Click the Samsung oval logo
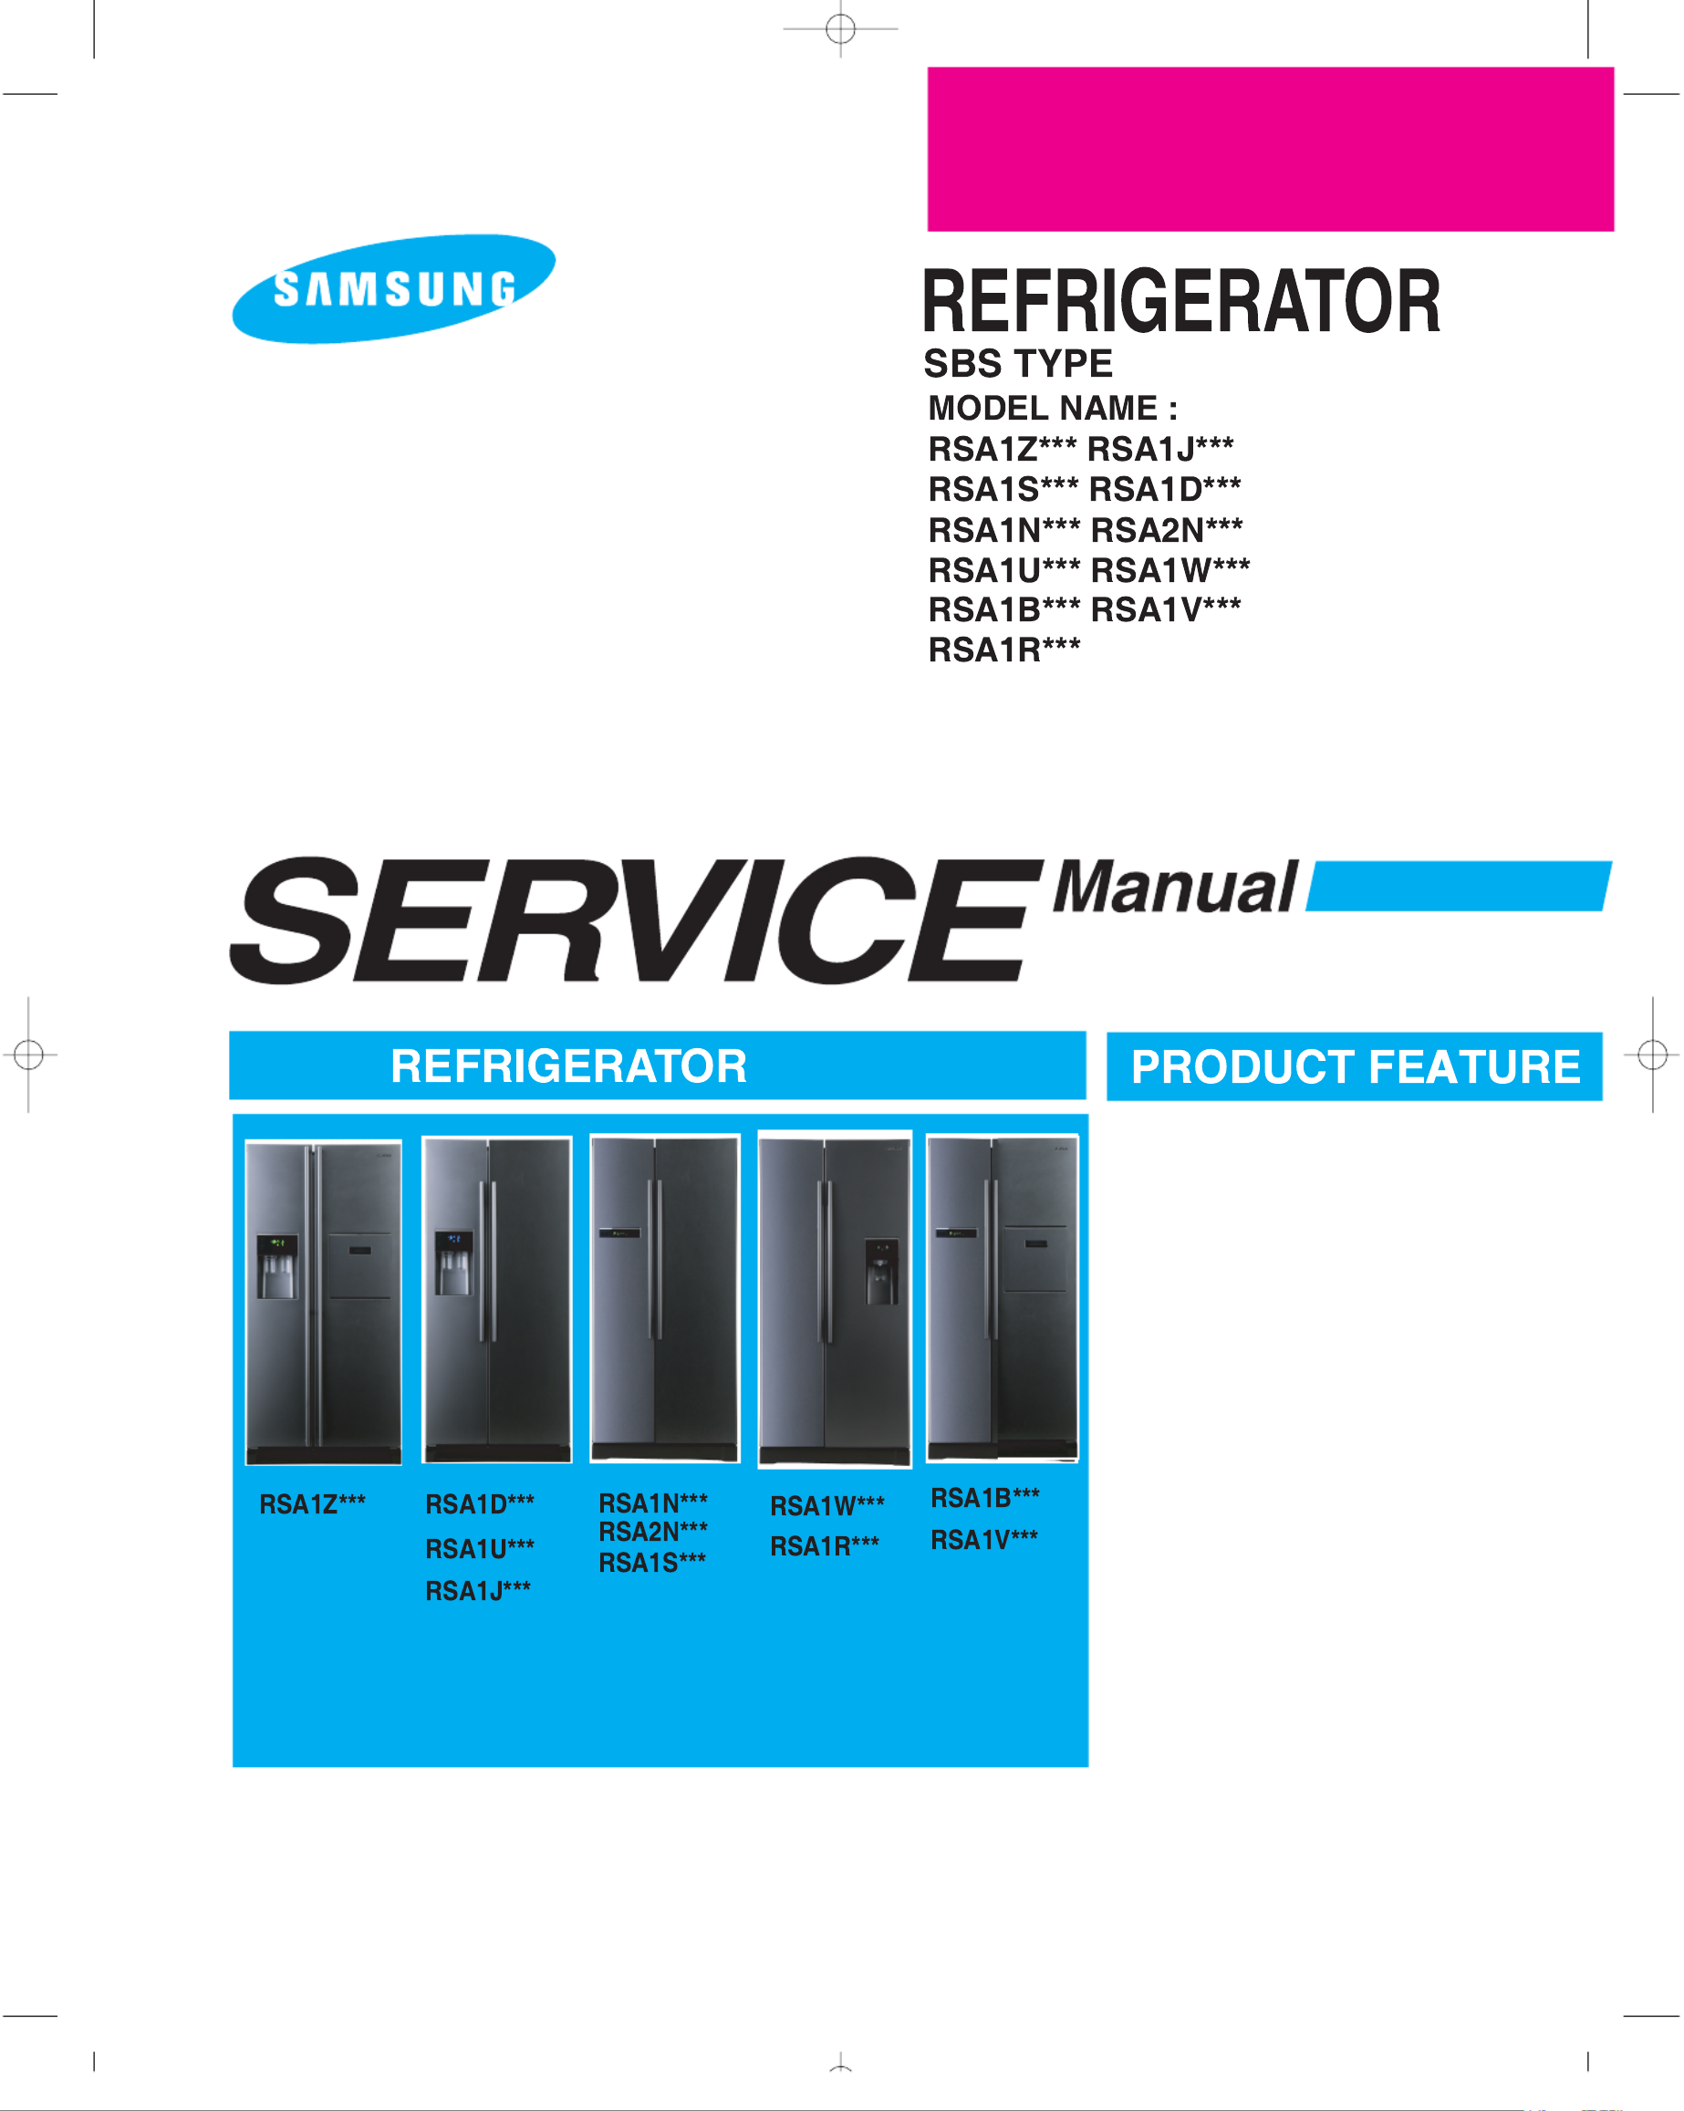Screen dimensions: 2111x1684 tap(392, 289)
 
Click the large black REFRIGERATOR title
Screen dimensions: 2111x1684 tap(1180, 302)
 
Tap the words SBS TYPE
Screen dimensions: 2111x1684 tap(1017, 364)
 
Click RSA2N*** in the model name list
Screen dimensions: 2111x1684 tap(1166, 530)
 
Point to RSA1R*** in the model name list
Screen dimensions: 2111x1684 tap(1003, 650)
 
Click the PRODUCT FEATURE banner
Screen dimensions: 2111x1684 tap(1354, 1066)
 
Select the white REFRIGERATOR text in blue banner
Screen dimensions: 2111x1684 tap(567, 1066)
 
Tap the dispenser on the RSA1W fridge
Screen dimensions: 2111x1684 tap(881, 1271)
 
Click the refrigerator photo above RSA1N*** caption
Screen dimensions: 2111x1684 tap(665, 1298)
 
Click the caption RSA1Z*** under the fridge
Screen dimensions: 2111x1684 tap(312, 1504)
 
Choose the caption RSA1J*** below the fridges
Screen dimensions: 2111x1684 tap(478, 1591)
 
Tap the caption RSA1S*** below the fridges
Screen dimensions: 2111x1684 tap(652, 1563)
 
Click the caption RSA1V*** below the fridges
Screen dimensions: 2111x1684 tap(984, 1540)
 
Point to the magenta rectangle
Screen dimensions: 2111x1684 tap(1270, 149)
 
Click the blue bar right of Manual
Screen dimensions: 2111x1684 tap(1459, 886)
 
